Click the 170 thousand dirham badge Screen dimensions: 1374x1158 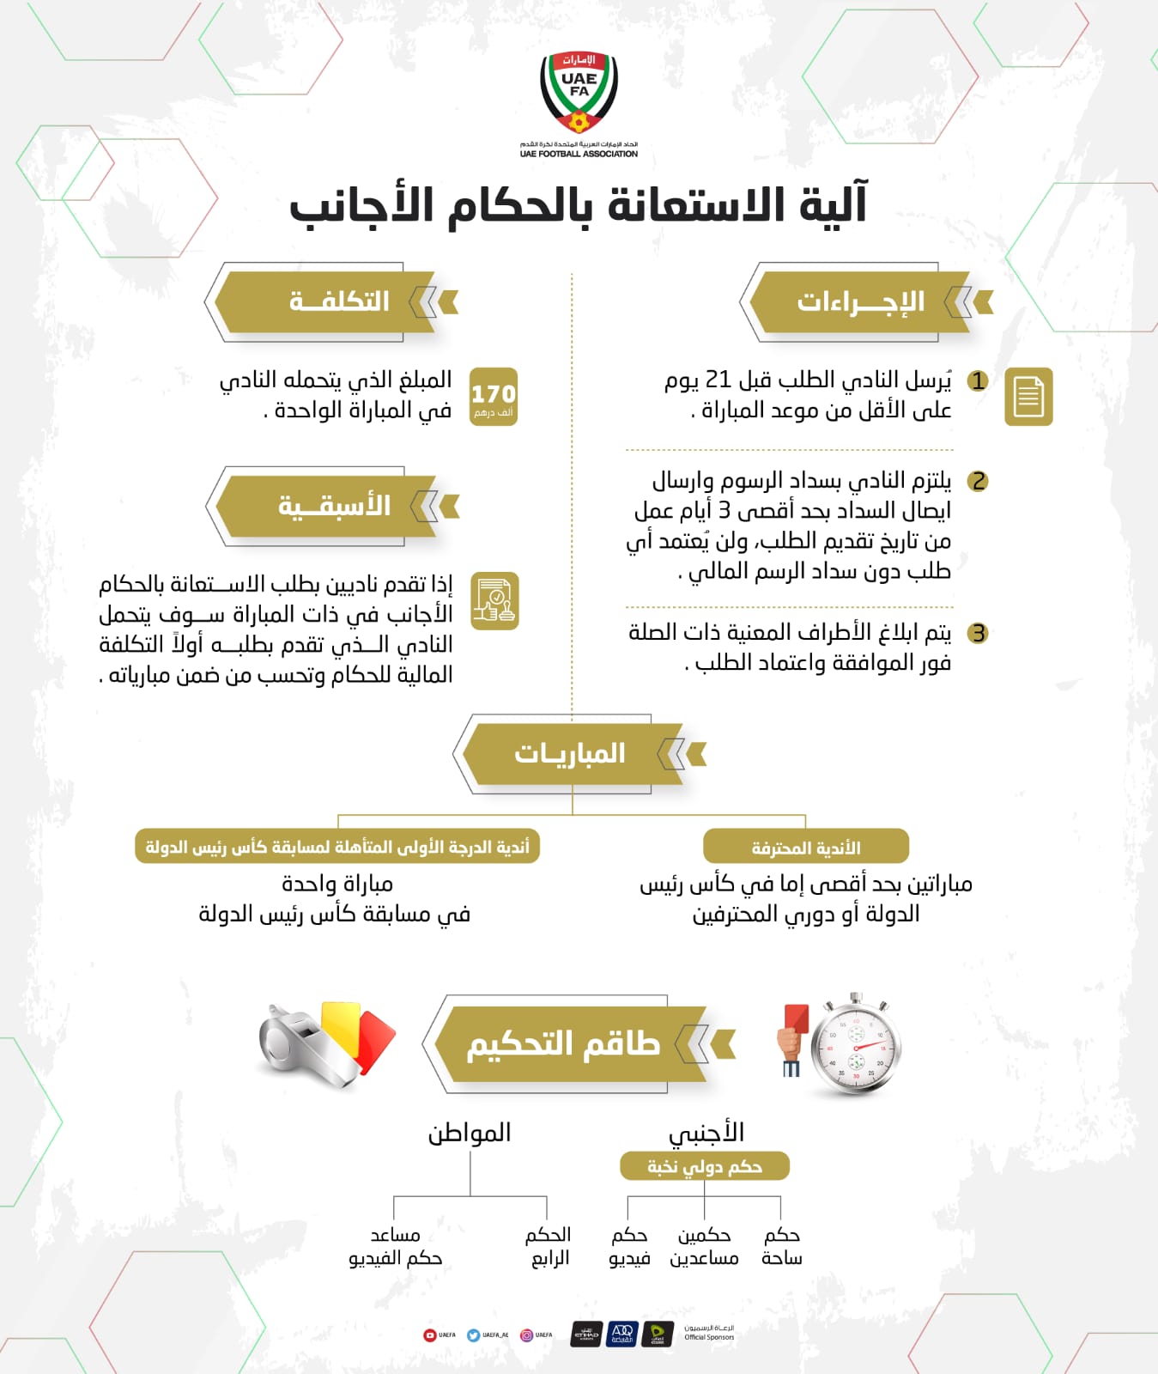coord(494,397)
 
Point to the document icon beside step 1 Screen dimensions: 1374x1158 coord(1028,397)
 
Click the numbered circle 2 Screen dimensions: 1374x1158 coord(978,481)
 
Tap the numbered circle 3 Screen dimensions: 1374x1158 coord(978,634)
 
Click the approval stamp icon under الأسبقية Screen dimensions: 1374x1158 coord(495,600)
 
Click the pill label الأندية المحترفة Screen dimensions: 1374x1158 coord(805,848)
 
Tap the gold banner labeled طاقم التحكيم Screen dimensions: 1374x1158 coord(562,1044)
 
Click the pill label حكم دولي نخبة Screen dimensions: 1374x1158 coord(704,1166)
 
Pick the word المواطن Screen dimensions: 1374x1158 coord(470,1133)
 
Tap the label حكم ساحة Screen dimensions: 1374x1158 coord(781,1246)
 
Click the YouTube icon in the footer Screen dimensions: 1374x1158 coord(430,1335)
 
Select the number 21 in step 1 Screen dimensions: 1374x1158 coord(718,380)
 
